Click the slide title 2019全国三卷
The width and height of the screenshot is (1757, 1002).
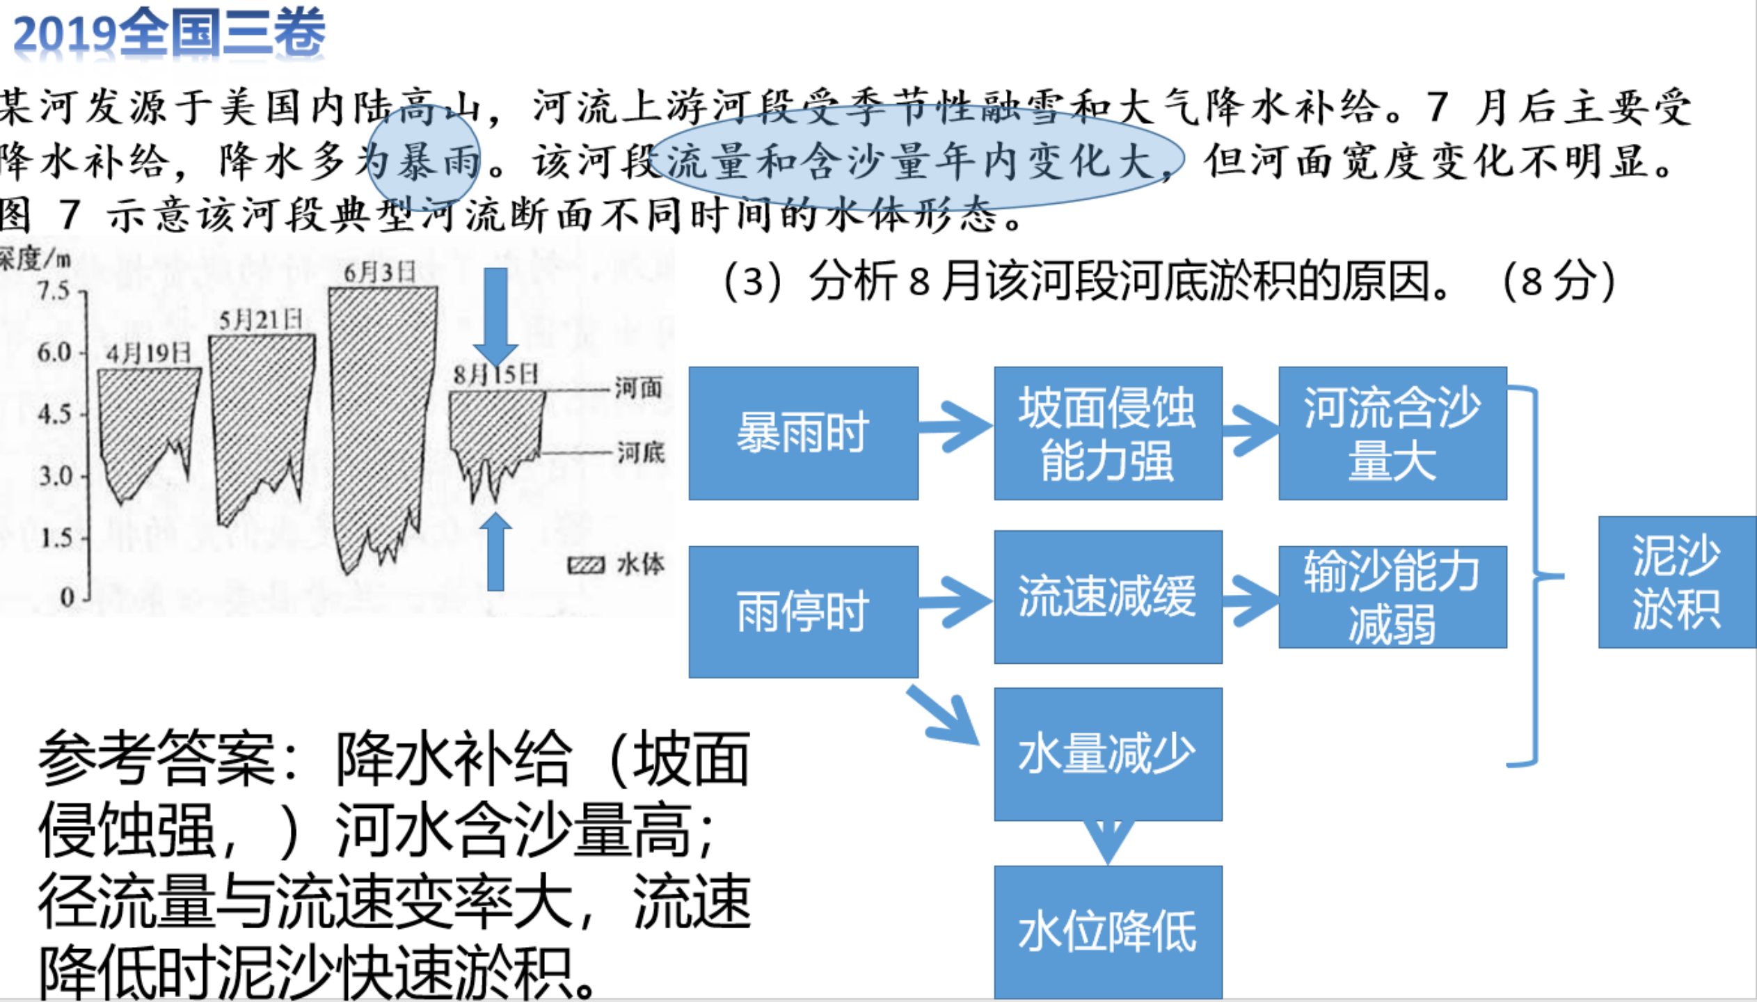coord(169,33)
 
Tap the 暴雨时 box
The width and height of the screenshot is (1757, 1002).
coord(803,433)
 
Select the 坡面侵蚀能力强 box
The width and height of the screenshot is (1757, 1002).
coord(1108,433)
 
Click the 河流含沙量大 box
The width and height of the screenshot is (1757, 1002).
coord(1392,433)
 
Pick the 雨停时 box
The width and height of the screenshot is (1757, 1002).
coord(803,611)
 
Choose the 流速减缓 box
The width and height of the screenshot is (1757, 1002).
coord(1108,596)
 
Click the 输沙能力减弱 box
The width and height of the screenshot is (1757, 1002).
coord(1392,596)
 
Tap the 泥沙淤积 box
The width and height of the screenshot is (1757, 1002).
coord(1676,582)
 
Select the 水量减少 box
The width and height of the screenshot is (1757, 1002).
coord(1108,754)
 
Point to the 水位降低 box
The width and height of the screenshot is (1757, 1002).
coord(1108,932)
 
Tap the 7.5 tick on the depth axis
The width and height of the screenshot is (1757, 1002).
coord(54,291)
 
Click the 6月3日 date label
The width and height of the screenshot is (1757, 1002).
coord(380,272)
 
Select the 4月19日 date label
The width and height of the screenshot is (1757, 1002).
coord(148,353)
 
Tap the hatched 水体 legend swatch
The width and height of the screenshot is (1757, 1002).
coord(586,565)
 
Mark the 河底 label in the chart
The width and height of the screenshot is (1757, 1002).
coord(640,453)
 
